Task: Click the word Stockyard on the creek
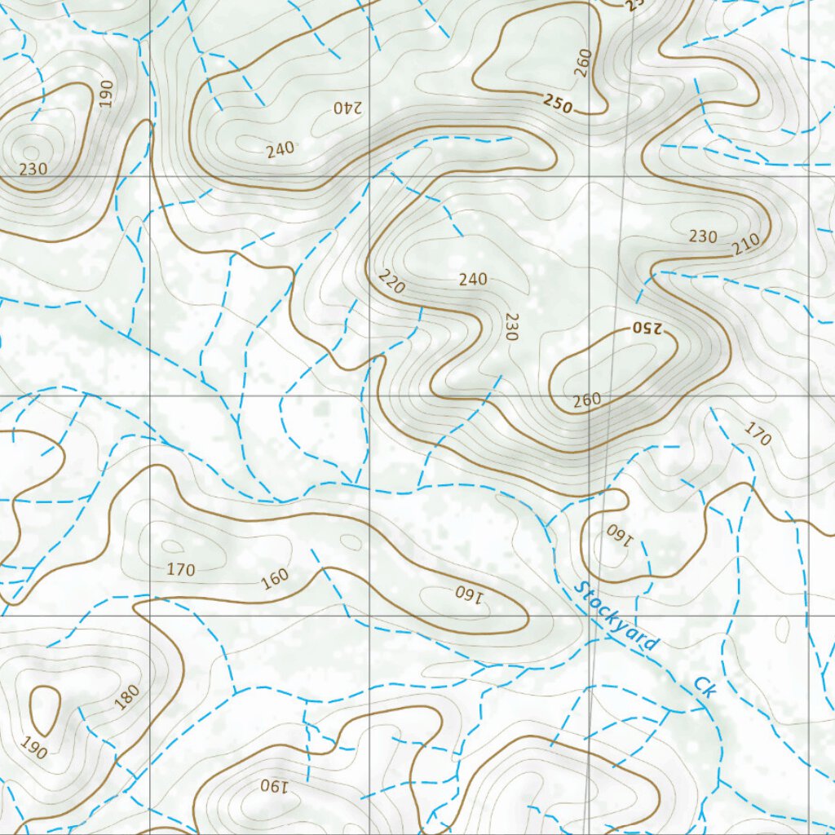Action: coord(616,616)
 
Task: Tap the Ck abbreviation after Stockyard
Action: coord(705,687)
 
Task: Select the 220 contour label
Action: coord(391,282)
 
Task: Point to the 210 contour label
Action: coord(745,243)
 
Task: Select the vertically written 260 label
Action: coord(581,63)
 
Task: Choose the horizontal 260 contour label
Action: coord(586,400)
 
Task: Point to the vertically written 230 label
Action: coord(511,326)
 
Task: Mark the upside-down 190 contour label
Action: coord(275,787)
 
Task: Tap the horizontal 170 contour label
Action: coord(180,569)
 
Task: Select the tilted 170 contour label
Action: coord(758,434)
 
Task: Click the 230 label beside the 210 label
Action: coord(703,237)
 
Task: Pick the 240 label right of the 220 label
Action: coord(473,280)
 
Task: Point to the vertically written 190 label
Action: coord(106,94)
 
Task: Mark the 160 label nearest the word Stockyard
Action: coord(619,535)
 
